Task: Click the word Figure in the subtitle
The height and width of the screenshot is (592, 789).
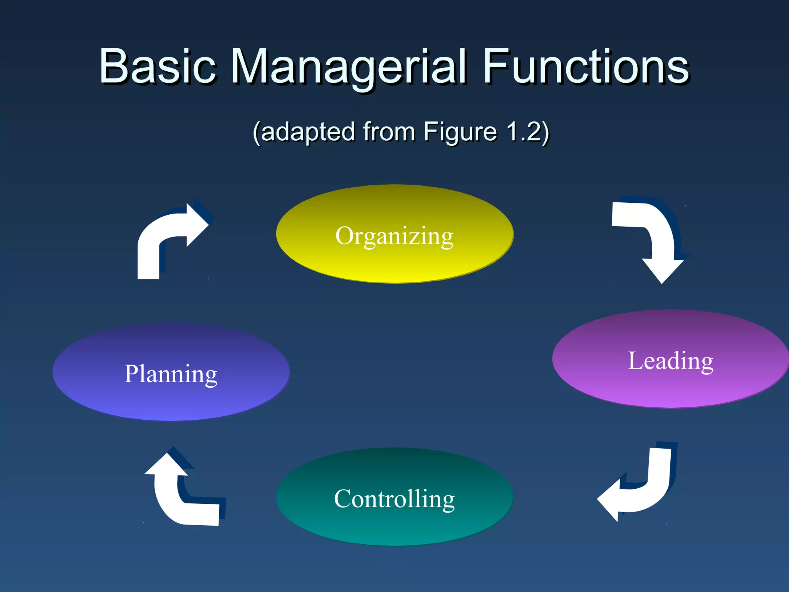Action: pyautogui.click(x=460, y=132)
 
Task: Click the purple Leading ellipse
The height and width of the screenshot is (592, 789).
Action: pyautogui.click(x=670, y=389)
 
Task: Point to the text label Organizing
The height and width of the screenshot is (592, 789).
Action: pyautogui.click(x=394, y=236)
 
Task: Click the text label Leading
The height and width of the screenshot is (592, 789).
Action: pyautogui.click(x=670, y=361)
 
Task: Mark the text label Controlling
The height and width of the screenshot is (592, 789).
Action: pyautogui.click(x=394, y=499)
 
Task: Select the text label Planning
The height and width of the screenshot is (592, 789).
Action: pyautogui.click(x=171, y=374)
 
